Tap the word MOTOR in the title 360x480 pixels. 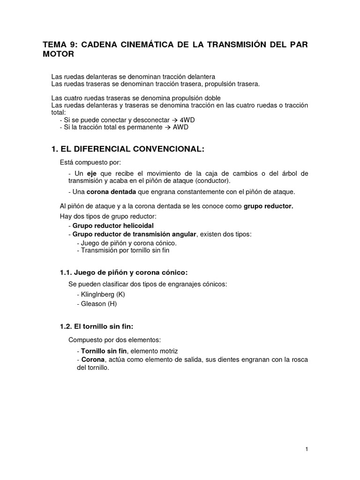(59, 54)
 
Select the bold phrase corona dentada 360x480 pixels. (109, 192)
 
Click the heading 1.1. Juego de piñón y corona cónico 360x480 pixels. (123, 272)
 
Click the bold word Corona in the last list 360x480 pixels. (93, 360)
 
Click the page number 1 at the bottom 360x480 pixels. (306, 450)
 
